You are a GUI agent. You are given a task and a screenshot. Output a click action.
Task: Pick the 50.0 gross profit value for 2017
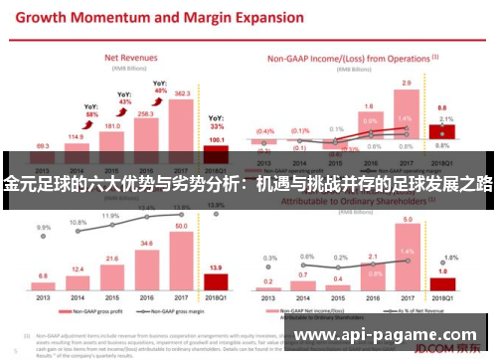click(181, 227)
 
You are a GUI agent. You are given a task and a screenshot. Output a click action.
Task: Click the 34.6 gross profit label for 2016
click(146, 243)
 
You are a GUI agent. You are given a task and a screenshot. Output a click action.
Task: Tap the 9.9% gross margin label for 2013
click(43, 227)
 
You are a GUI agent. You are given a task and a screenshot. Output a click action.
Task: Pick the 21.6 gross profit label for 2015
click(111, 258)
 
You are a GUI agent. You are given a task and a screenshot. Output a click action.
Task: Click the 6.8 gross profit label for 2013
click(42, 275)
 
